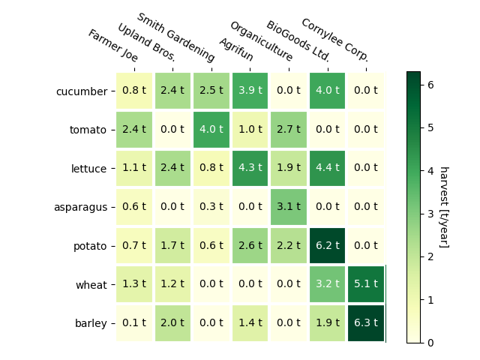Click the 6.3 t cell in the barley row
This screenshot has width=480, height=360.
tap(366, 323)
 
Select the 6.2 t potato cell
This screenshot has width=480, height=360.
tap(327, 246)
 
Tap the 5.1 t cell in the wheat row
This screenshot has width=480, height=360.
tap(366, 284)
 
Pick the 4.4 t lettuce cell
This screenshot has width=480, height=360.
tap(327, 169)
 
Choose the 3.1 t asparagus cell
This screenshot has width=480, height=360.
tap(289, 207)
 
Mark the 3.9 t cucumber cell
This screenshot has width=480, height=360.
tap(250, 91)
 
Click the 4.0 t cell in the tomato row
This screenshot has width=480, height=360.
tap(211, 130)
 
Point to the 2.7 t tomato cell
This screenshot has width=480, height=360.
tap(289, 130)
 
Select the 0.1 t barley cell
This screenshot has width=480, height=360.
tap(134, 323)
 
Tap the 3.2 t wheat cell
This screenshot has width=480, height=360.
tap(327, 284)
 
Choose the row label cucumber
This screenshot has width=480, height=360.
tap(82, 91)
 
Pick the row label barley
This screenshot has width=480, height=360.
tap(91, 324)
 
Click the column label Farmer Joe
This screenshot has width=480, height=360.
tap(113, 46)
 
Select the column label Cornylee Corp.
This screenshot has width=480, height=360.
tap(334, 40)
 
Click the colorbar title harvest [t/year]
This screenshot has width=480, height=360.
tap(443, 207)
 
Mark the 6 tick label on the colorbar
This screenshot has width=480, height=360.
tap(431, 85)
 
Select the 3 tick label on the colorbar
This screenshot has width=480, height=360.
tap(431, 214)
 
